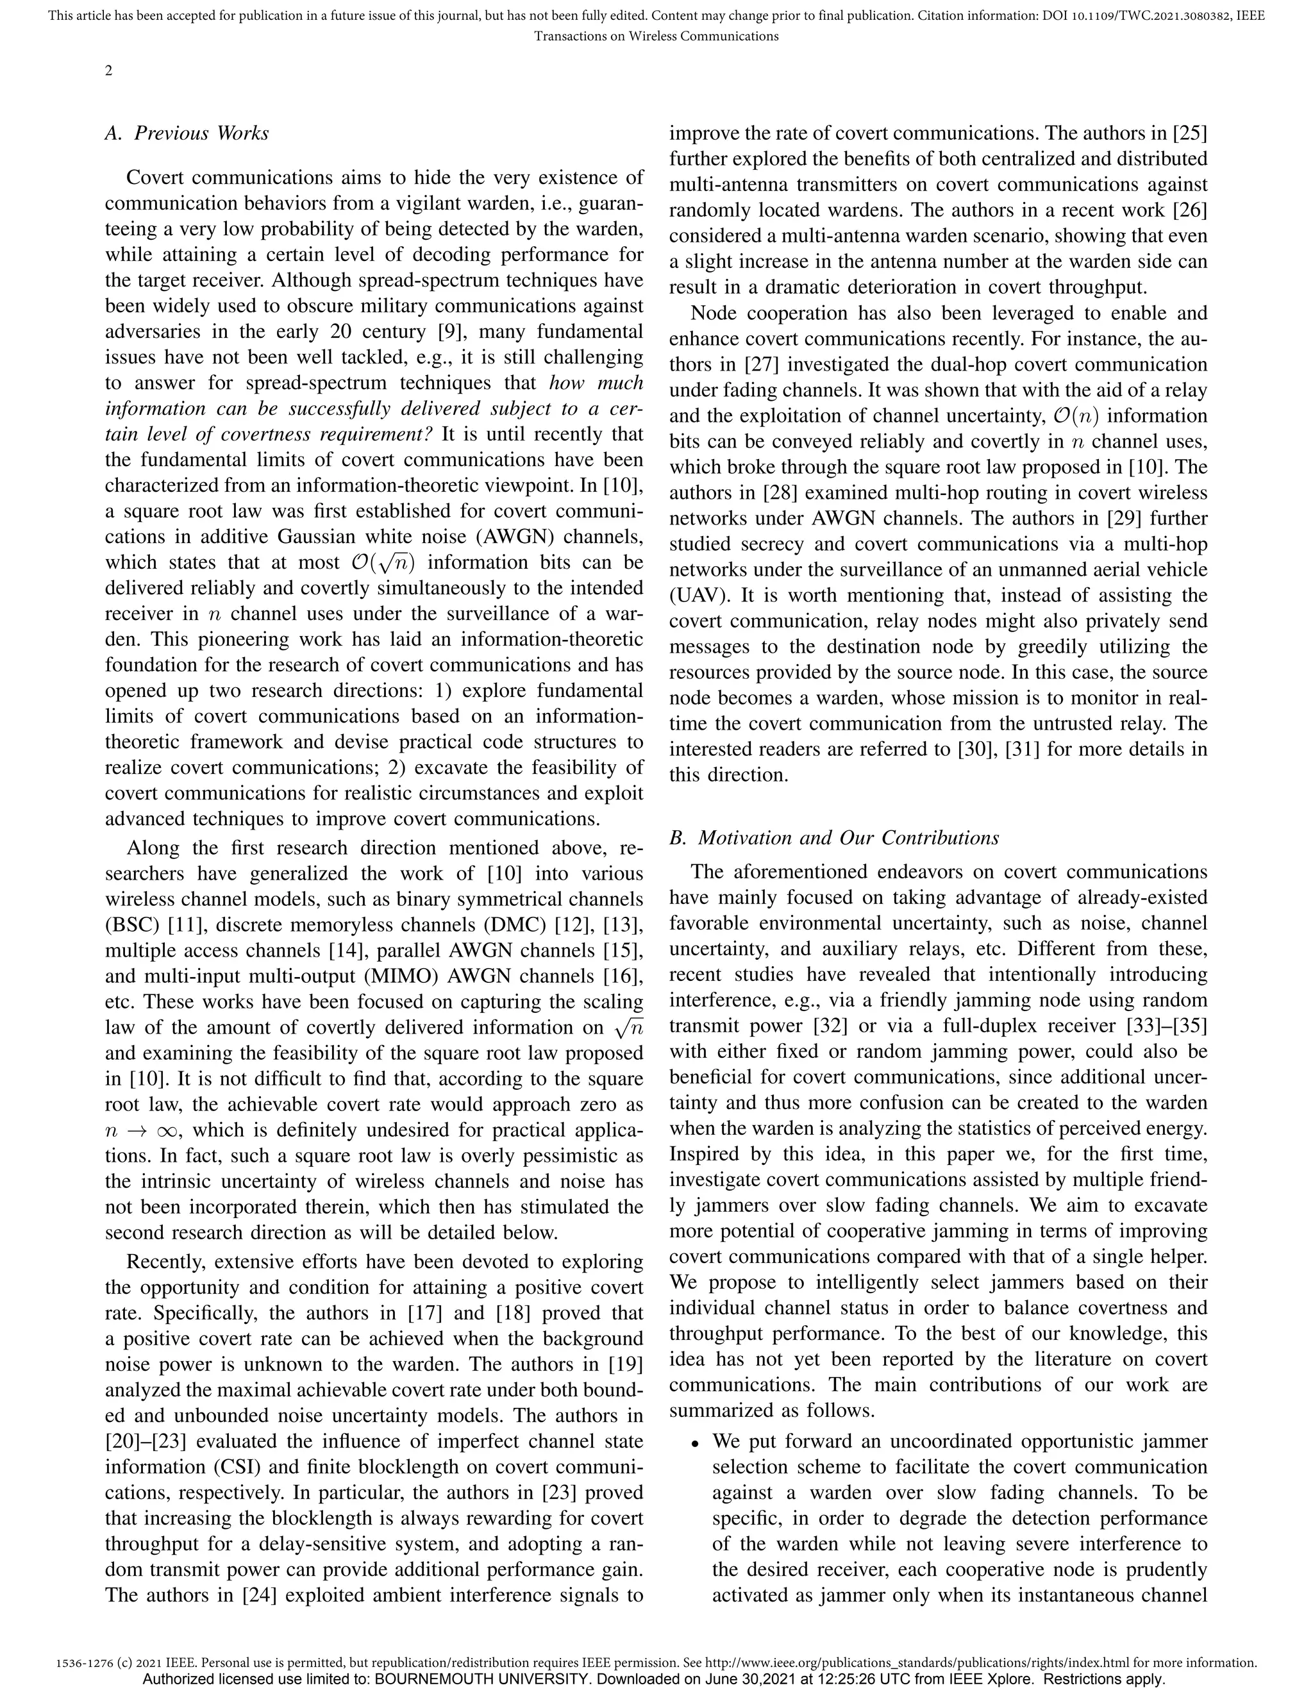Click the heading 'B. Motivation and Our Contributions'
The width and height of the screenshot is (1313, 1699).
pos(834,838)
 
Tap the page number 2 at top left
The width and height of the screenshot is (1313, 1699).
pos(109,71)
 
